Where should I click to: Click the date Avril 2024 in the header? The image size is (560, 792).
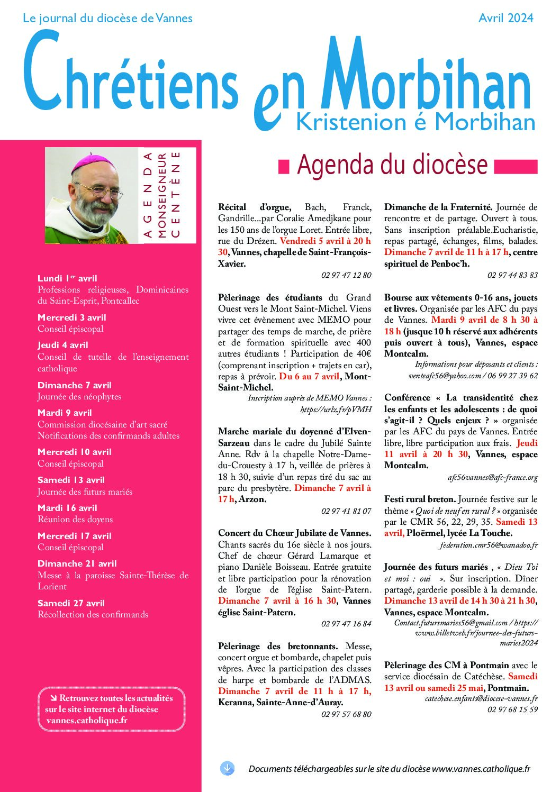[x=505, y=18]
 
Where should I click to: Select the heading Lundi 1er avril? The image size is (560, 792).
[x=67, y=278]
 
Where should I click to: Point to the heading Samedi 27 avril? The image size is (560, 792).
[x=71, y=603]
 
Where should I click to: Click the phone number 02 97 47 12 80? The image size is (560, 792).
[x=346, y=275]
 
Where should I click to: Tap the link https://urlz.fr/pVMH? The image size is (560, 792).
[x=336, y=409]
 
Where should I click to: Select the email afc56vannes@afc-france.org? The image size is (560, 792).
[x=492, y=477]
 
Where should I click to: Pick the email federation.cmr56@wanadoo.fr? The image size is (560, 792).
[x=488, y=545]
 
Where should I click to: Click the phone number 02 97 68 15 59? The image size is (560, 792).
[x=512, y=709]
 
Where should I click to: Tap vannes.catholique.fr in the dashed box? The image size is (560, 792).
[x=87, y=720]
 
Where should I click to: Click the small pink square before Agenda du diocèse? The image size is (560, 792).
[x=284, y=167]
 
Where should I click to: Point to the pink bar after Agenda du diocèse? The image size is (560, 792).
[x=516, y=167]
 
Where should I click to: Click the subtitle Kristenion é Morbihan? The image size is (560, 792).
[x=416, y=122]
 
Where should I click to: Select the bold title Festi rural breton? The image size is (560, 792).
[x=420, y=499]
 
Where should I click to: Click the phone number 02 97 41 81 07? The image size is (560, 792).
[x=346, y=511]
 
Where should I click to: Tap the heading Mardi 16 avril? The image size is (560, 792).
[x=67, y=508]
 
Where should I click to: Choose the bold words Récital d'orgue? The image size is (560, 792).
[x=254, y=207]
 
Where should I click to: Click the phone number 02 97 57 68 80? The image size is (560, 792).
[x=346, y=714]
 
